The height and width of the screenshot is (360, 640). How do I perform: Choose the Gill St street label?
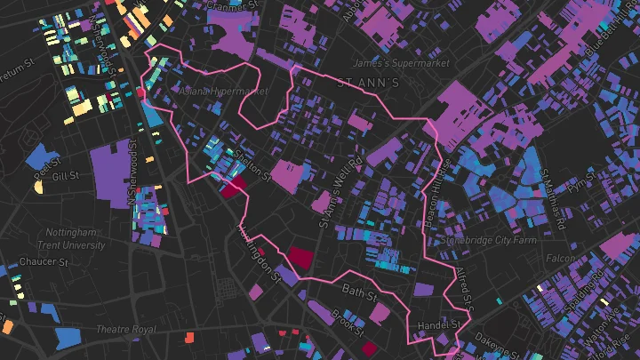(66, 176)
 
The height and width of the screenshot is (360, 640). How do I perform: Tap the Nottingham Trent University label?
(75, 238)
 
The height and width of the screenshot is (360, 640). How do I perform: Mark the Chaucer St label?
(45, 262)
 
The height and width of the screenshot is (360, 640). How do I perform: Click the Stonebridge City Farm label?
(500, 239)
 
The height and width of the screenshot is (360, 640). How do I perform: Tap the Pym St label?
(582, 185)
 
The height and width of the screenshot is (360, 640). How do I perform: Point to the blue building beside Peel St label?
(38, 156)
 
